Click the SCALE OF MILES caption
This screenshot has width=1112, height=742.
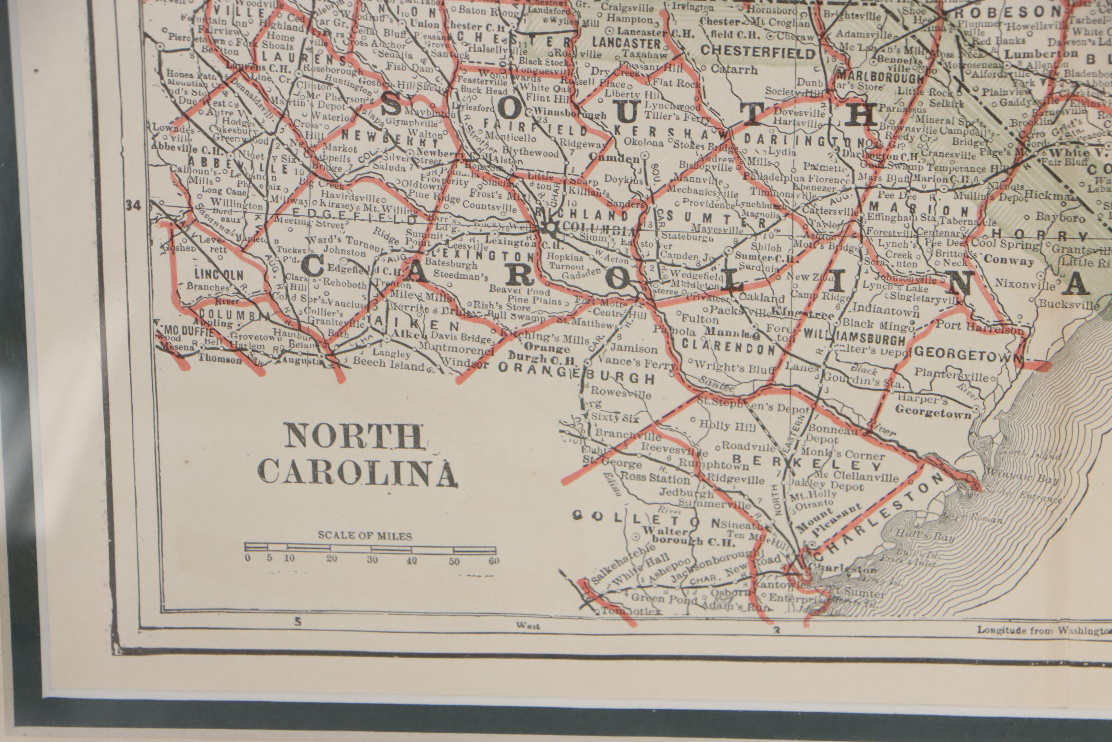pos(364,536)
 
